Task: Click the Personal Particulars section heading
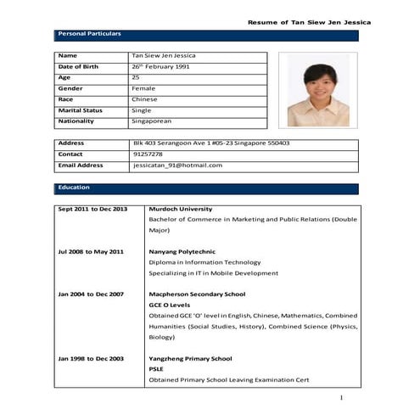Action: [x=89, y=34]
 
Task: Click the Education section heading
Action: [x=74, y=188]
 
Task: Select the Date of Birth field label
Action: [x=78, y=66]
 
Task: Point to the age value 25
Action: [x=136, y=77]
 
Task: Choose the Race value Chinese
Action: [x=144, y=99]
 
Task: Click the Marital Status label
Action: [x=80, y=110]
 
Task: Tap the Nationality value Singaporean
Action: [x=153, y=121]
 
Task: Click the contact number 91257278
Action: [x=148, y=154]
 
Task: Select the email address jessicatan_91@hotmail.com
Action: [x=177, y=165]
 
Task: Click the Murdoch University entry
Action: [x=180, y=209]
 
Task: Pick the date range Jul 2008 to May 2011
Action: [x=91, y=252]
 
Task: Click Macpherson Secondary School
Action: [x=197, y=294]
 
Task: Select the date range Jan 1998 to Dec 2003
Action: [x=91, y=359]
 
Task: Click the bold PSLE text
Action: [x=157, y=370]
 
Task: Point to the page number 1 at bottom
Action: [x=341, y=398]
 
